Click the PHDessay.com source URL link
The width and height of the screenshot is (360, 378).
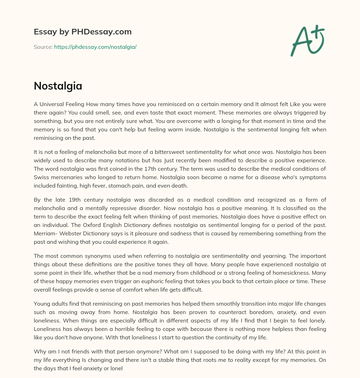(x=95, y=47)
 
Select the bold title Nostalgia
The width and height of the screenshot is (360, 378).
(x=58, y=86)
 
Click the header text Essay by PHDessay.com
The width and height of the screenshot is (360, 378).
(x=83, y=32)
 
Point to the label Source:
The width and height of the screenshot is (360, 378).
(x=43, y=47)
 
